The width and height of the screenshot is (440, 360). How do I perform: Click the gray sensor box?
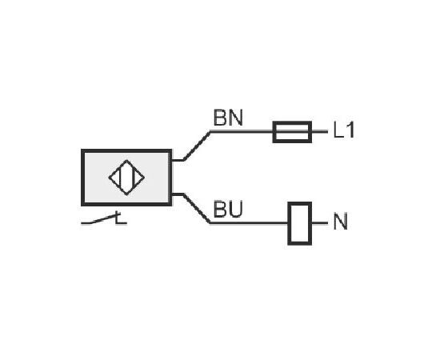click(x=126, y=178)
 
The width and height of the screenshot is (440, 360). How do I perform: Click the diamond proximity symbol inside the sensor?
click(x=126, y=178)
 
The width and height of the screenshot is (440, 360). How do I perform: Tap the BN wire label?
click(x=228, y=118)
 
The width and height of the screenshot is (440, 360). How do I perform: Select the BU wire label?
click(x=227, y=210)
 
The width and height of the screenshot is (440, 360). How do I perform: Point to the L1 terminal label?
click(x=344, y=130)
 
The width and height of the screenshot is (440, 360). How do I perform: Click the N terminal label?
click(x=340, y=222)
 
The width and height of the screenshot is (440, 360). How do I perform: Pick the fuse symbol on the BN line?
click(x=292, y=132)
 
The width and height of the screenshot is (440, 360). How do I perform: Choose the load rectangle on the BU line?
click(x=300, y=223)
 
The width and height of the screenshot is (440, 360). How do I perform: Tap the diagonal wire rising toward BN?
click(x=197, y=146)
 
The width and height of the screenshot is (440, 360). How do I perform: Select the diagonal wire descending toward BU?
click(x=197, y=209)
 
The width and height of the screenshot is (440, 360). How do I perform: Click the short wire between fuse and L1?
click(x=320, y=131)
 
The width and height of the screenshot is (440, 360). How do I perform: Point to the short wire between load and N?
click(x=320, y=223)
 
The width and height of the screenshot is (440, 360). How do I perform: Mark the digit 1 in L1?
click(x=350, y=130)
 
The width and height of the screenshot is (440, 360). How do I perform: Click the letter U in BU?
click(x=235, y=210)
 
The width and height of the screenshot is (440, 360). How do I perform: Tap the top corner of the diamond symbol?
click(x=127, y=160)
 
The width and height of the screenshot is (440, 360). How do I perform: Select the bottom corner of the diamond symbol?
click(x=127, y=195)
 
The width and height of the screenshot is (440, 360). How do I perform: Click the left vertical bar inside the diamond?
click(x=120, y=178)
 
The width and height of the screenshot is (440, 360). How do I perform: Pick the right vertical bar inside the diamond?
click(x=134, y=178)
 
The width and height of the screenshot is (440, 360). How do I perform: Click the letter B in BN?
click(x=219, y=118)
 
